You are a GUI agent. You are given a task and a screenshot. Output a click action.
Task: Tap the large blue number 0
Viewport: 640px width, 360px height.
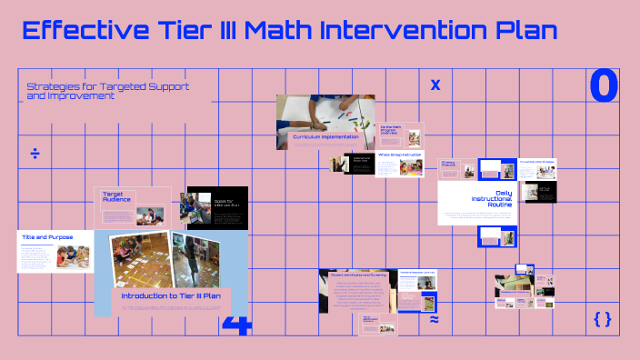click(x=604, y=85)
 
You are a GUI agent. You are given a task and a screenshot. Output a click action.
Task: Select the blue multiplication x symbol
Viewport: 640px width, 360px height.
click(x=435, y=85)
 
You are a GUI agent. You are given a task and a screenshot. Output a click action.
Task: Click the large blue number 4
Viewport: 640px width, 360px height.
click(x=236, y=325)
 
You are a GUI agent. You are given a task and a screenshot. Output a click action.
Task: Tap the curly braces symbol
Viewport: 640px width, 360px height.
click(x=602, y=318)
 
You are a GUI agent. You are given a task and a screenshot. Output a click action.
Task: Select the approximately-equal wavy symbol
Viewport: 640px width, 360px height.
click(x=434, y=320)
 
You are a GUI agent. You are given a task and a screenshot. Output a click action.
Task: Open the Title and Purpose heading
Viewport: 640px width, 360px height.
click(x=47, y=236)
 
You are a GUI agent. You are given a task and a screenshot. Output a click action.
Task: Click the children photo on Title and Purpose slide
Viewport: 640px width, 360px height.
click(x=66, y=257)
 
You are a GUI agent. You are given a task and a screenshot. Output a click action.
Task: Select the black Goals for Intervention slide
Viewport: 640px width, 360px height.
click(x=205, y=205)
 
